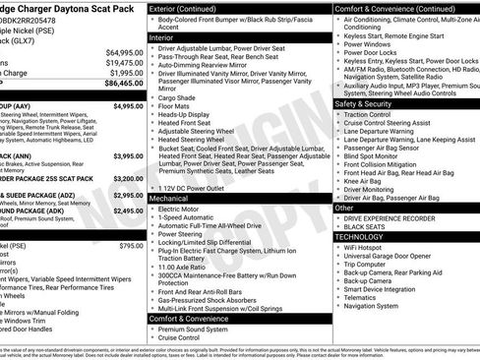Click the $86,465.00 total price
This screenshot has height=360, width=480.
point(121,86)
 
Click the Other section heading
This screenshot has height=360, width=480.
point(344,208)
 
